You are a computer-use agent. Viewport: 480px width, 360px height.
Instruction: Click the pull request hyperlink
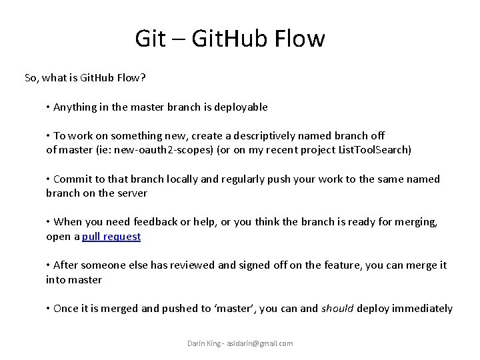coord(111,237)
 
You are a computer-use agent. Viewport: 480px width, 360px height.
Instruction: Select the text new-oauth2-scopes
coord(172,150)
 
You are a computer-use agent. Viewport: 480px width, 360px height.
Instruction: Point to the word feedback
coord(158,222)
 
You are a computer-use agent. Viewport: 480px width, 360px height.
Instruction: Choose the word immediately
coord(423,308)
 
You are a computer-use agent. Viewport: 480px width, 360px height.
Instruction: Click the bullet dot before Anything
coord(49,107)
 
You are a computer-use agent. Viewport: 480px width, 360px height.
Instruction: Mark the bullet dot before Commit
coord(49,179)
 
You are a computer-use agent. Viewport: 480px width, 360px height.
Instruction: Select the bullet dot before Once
coord(49,309)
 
